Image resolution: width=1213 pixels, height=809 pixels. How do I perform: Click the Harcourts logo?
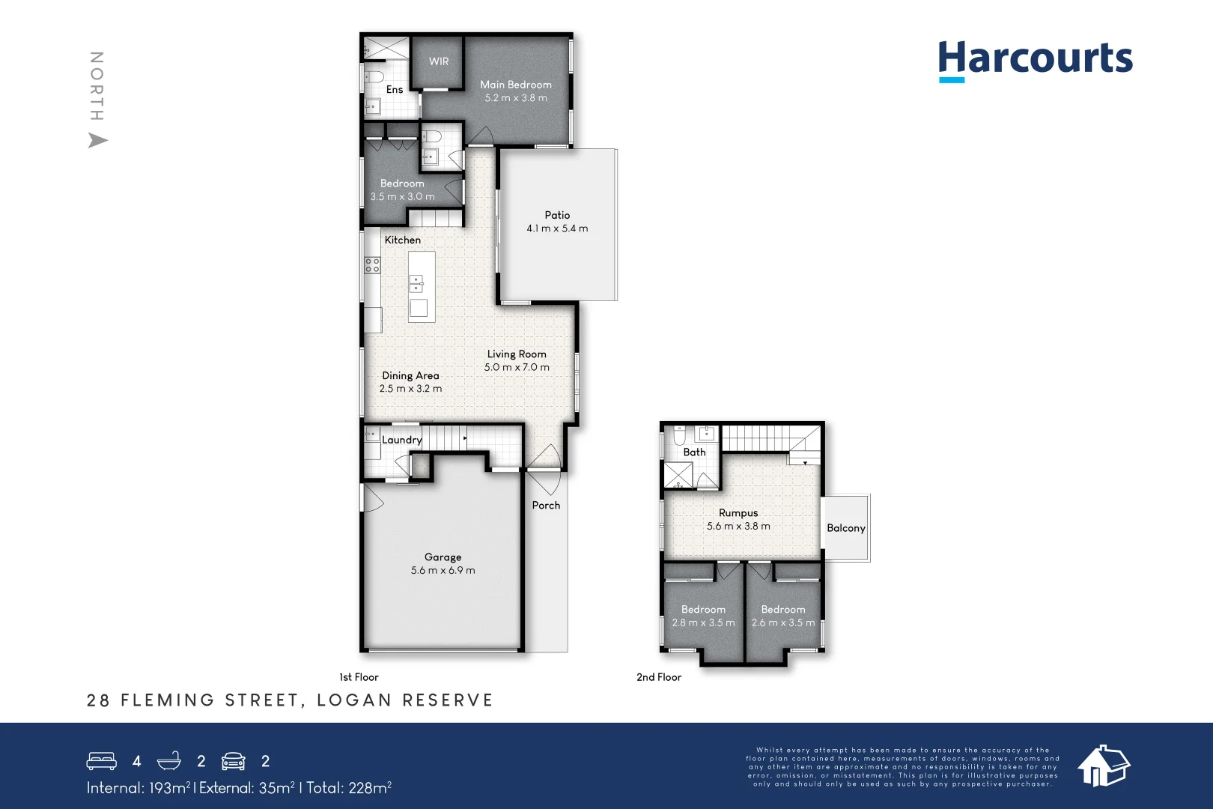coord(1035,60)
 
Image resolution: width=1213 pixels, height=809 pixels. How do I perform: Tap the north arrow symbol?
coord(97,140)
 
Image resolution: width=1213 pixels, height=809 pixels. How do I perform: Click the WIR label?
coord(439,61)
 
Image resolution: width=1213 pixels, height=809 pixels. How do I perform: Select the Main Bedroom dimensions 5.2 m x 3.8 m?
coord(516,98)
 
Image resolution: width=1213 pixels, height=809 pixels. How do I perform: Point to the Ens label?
coord(395,90)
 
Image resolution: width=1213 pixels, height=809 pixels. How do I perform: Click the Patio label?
coord(557,215)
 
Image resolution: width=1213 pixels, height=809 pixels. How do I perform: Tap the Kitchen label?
coord(403,240)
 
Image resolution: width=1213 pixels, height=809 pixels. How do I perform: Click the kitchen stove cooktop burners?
coord(372,264)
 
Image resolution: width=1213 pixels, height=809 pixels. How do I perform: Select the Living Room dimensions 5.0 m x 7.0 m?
coord(517,368)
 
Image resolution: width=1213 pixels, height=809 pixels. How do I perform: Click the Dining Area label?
coord(410,376)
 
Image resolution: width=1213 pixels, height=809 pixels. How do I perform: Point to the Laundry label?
coord(401,440)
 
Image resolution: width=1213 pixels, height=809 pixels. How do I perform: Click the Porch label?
coord(546,506)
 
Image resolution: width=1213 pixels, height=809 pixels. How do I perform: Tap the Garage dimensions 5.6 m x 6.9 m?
coord(443,571)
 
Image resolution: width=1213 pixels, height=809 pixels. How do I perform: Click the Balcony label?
coord(846,528)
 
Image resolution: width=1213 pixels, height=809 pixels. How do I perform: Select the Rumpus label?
coord(738,513)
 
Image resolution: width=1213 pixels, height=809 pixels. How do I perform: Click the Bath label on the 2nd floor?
coord(694,452)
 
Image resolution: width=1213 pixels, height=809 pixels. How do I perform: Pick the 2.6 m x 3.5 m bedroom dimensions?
coord(783,623)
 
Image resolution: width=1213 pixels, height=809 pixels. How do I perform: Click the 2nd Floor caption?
coord(659,677)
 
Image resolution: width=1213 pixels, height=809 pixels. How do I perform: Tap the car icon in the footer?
coord(234,761)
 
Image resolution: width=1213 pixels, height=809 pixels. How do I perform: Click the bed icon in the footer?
coord(101,761)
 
